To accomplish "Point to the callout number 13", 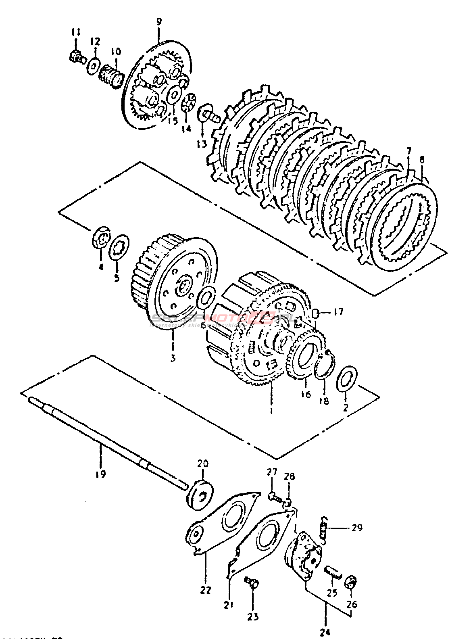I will point(202,143).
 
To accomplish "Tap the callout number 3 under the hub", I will point(173,358).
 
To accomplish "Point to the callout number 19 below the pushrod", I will point(100,474).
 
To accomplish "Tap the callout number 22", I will point(205,590).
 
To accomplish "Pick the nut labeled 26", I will point(351,583).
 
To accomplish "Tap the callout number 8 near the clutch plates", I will point(422,159).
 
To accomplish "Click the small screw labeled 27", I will point(273,496).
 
